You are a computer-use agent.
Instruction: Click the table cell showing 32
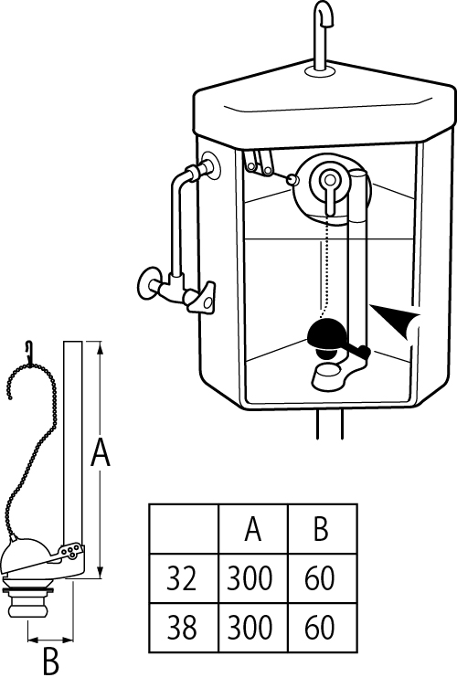coord(184,578)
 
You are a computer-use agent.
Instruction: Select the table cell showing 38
coord(184,628)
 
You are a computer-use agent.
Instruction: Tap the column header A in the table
coord(253,529)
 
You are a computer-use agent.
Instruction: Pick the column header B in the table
coord(323,529)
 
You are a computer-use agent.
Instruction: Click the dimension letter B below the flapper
coord(51,662)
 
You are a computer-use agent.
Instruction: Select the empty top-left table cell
coord(184,529)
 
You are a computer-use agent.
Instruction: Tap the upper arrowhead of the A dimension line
coord(101,349)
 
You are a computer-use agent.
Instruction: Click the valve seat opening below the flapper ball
coord(327,371)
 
